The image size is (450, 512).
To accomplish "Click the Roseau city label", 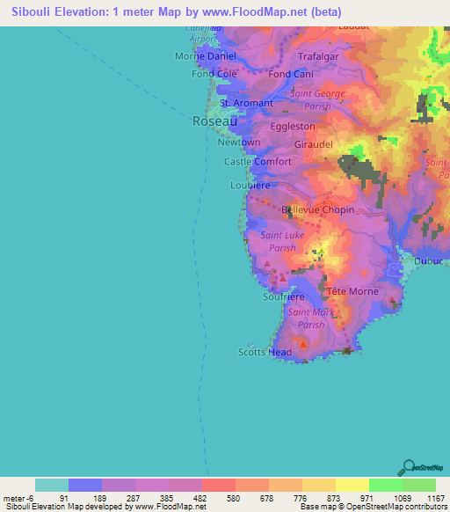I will pos(214,123).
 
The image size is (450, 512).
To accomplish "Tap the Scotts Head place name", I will pos(265,353).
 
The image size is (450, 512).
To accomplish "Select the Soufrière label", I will pos(284,297).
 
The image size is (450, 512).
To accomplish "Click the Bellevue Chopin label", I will pos(317,210).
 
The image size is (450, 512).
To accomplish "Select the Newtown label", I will pos(239,143).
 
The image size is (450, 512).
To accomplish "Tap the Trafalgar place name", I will pos(318,56).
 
